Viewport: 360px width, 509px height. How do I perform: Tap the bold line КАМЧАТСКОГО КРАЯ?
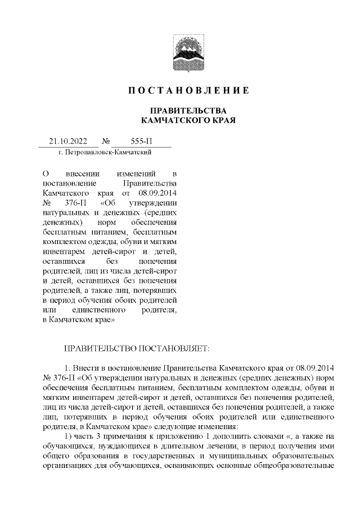(186, 120)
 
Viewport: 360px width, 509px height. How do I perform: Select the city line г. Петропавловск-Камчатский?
(105, 152)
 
